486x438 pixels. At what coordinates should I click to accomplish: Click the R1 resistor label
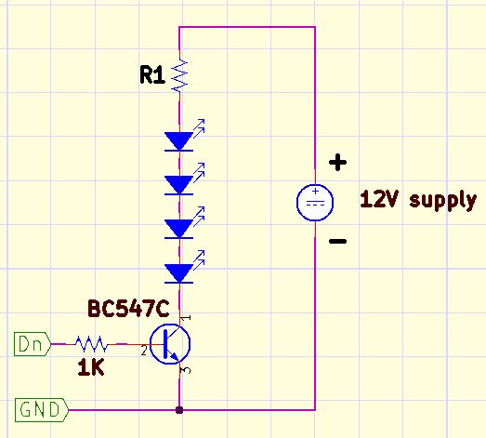click(x=151, y=74)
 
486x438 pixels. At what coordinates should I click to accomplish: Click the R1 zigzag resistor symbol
click(x=179, y=76)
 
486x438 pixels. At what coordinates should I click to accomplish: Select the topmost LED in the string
click(x=184, y=136)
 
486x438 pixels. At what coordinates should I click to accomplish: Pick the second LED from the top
click(x=184, y=179)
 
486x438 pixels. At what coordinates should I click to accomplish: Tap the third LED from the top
click(x=184, y=223)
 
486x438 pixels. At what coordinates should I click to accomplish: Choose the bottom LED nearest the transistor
click(x=184, y=268)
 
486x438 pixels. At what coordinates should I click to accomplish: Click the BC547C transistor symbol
click(x=170, y=344)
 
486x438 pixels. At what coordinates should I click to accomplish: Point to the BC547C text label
click(x=128, y=309)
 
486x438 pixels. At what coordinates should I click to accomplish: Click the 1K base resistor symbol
click(x=92, y=344)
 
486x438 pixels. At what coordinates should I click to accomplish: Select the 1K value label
click(x=90, y=367)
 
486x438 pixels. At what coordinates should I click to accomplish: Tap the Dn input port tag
click(x=33, y=344)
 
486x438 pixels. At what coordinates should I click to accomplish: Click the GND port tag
click(x=42, y=410)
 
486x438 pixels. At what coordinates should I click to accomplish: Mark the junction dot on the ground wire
click(x=179, y=410)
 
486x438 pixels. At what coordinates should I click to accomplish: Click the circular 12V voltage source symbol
click(x=315, y=202)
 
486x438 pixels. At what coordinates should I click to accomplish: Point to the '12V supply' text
click(x=418, y=200)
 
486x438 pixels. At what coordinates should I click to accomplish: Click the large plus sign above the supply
click(x=337, y=162)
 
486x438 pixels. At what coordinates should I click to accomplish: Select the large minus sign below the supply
click(x=337, y=241)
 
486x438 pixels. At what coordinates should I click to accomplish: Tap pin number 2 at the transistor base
click(x=143, y=352)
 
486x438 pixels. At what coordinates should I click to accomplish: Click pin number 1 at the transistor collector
click(x=186, y=318)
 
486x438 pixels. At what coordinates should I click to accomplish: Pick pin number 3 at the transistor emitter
click(x=186, y=370)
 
